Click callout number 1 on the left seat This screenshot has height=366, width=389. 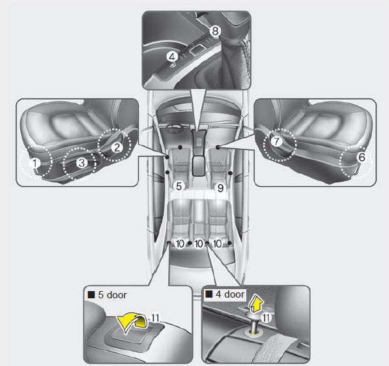[x=35, y=163]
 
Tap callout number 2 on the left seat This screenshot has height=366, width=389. [x=117, y=147]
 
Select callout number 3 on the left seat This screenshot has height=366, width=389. [x=81, y=162]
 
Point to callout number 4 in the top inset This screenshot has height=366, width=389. [x=172, y=57]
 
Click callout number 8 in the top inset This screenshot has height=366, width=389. [x=215, y=31]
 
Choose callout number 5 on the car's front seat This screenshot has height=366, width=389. [x=179, y=186]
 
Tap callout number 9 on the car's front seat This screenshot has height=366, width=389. [x=220, y=188]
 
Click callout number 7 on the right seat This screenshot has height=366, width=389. [x=276, y=141]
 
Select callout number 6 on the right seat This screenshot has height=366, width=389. [x=362, y=157]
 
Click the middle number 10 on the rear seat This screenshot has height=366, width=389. [x=199, y=244]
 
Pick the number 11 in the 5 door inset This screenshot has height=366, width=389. [x=155, y=318]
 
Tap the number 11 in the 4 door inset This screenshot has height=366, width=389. [x=266, y=317]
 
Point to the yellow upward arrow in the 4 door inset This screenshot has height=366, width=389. [x=255, y=303]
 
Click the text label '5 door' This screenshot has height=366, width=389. [x=112, y=295]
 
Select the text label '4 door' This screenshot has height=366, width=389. [x=230, y=294]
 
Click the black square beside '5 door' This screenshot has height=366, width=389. [x=91, y=295]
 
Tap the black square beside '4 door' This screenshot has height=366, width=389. [x=209, y=294]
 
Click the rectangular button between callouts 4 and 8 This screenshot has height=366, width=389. [x=196, y=49]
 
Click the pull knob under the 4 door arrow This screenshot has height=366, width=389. [x=253, y=322]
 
